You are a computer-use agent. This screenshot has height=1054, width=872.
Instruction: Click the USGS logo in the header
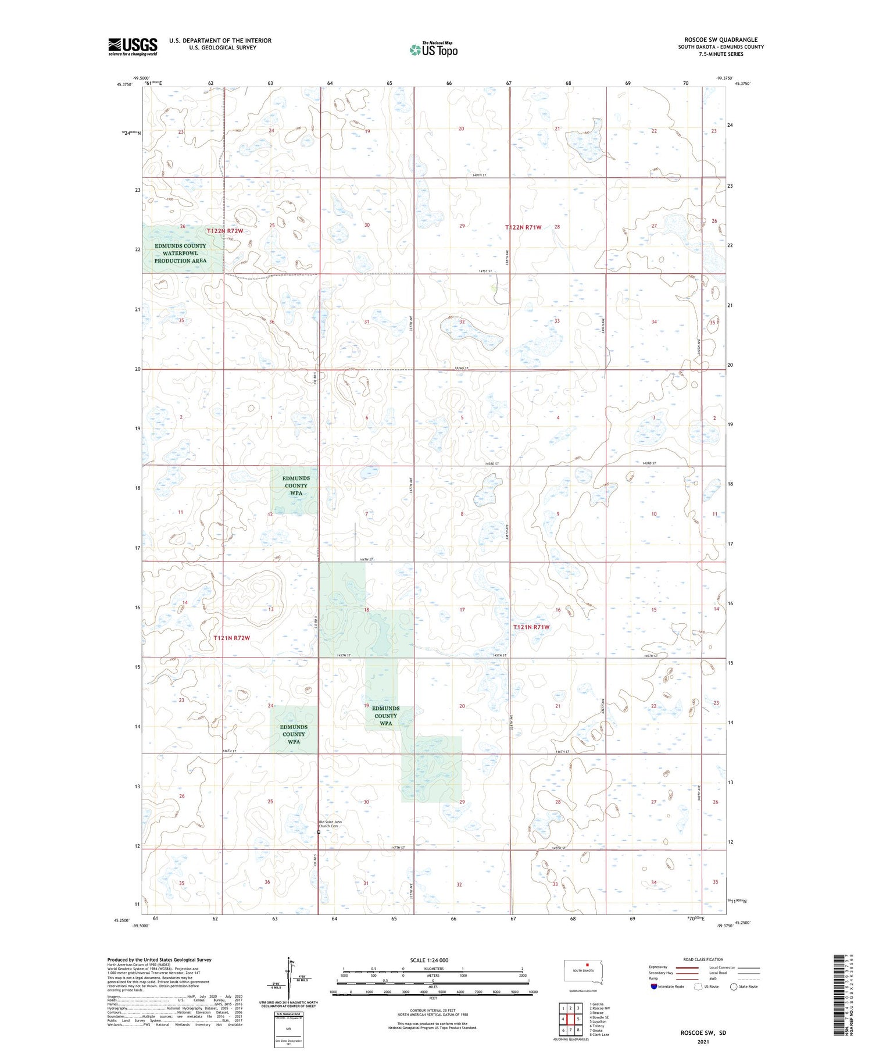point(133,47)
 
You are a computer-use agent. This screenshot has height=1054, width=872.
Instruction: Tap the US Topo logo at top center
point(434,49)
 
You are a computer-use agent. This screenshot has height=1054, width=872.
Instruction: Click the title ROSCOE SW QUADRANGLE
point(720,40)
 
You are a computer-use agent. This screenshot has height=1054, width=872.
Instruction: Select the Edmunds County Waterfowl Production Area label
point(180,253)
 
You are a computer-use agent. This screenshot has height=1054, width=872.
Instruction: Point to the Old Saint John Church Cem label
point(330,824)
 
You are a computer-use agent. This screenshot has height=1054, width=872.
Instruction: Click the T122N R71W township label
point(523,227)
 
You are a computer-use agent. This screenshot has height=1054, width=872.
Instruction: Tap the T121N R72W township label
point(231,638)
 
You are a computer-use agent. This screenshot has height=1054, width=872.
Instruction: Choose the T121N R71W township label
point(531,627)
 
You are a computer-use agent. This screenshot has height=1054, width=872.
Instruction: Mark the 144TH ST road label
point(366,559)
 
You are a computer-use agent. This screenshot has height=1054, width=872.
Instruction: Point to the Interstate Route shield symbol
point(654,987)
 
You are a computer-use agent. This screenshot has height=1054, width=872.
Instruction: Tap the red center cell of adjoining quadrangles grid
point(570,1019)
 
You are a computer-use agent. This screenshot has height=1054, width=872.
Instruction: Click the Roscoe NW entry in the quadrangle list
point(601,1008)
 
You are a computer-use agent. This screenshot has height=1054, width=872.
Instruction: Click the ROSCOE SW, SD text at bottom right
point(703,1032)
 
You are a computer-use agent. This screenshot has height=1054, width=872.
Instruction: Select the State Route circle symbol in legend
point(734,987)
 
